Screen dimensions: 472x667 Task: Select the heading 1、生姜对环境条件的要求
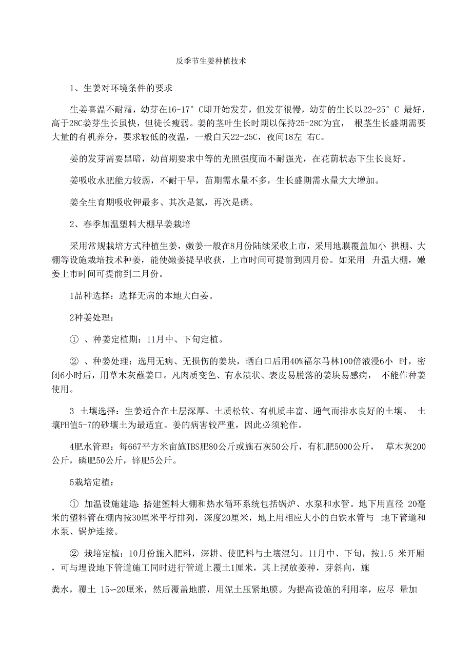[121, 88]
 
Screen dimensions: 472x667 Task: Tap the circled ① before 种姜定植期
[73, 340]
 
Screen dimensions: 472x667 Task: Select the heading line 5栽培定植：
[89, 483]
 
